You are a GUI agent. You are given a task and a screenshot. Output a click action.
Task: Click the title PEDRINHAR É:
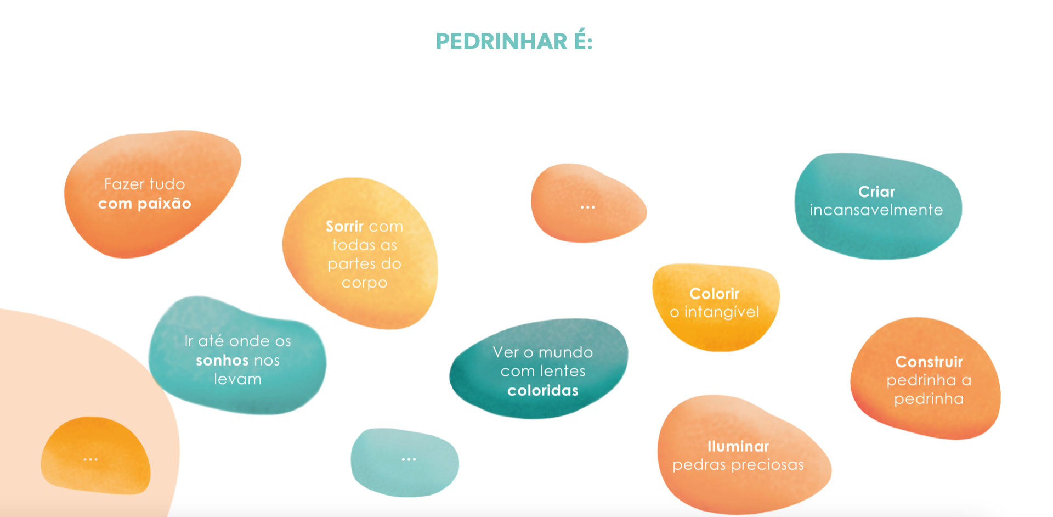[514, 41]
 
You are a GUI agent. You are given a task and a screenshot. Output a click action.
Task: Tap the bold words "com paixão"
[145, 204]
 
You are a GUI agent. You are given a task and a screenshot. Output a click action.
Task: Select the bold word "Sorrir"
[344, 226]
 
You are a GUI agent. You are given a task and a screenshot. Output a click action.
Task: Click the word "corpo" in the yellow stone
[364, 283]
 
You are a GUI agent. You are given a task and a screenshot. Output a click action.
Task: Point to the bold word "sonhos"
[219, 360]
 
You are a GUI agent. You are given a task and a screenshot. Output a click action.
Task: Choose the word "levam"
[237, 379]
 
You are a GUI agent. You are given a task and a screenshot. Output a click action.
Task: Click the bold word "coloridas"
[543, 390]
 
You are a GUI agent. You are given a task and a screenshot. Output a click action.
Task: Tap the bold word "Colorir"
[715, 294]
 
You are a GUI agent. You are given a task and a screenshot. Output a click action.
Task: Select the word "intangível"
[722, 312]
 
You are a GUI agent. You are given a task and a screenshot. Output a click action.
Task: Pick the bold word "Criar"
[876, 192]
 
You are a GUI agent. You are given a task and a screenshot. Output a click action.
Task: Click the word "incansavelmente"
[876, 210]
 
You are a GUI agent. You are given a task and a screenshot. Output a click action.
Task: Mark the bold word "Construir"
[929, 362]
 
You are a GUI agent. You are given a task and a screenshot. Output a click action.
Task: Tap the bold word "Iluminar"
[738, 446]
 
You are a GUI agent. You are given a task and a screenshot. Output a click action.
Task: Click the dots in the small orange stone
[587, 207]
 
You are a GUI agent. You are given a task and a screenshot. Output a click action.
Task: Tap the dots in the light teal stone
[409, 459]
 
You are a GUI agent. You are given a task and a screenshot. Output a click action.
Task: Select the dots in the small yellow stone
[90, 459]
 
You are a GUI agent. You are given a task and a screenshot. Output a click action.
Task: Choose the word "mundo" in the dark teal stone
[565, 352]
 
